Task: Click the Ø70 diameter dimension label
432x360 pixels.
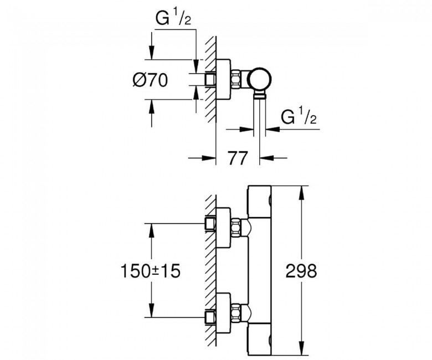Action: click(150, 80)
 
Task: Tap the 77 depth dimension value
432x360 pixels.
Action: click(238, 158)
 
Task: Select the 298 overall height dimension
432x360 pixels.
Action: click(301, 271)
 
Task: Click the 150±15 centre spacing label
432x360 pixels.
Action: click(151, 271)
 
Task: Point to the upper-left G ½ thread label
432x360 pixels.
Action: click(173, 18)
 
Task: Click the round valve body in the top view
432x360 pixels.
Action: click(260, 78)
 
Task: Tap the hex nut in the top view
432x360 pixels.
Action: click(236, 79)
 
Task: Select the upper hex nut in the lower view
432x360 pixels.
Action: click(236, 227)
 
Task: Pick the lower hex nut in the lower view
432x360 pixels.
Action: click(236, 312)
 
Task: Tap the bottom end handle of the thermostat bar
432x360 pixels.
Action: click(260, 339)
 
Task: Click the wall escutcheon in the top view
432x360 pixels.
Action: click(223, 79)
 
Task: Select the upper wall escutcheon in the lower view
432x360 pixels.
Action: click(223, 227)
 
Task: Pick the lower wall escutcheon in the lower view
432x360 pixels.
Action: click(223, 313)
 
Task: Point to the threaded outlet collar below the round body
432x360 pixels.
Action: click(260, 95)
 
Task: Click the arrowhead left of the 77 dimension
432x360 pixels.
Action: click(209, 158)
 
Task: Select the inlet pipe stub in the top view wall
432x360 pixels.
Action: click(210, 79)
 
